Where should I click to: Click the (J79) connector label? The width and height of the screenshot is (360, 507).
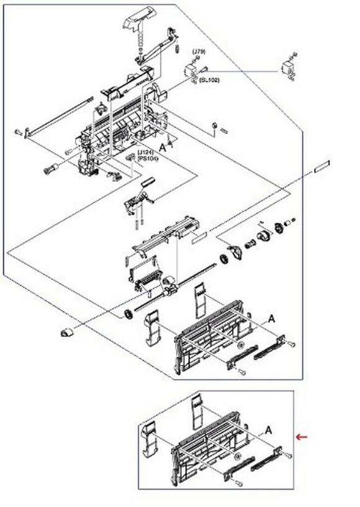tap(198, 50)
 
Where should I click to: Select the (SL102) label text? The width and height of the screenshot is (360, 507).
tap(209, 81)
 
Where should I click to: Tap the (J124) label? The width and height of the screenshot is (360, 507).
tap(146, 152)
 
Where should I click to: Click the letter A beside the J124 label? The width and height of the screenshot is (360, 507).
tap(163, 148)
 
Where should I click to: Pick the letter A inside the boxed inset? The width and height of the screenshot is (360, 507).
tap(269, 429)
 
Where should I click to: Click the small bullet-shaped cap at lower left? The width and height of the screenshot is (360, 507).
tap(65, 333)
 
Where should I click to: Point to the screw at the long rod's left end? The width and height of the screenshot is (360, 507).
tap(18, 131)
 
